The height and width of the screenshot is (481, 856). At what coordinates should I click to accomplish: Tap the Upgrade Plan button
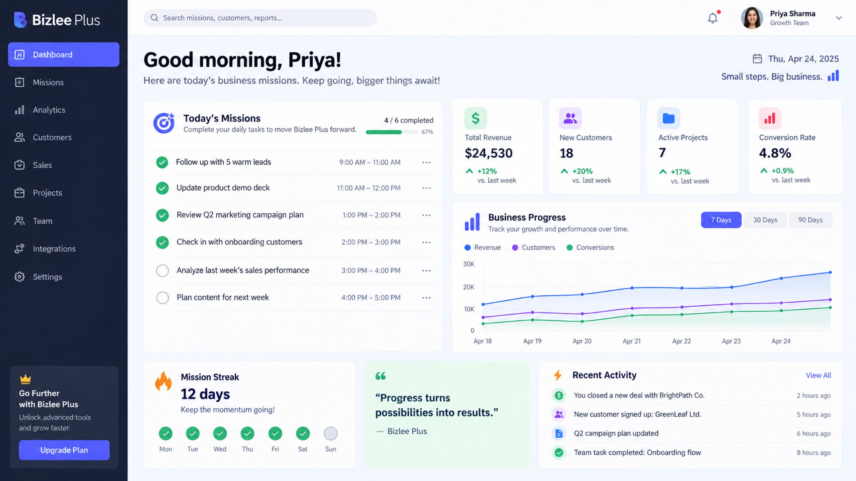[64, 450]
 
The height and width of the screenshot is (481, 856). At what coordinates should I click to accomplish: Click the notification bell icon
[713, 18]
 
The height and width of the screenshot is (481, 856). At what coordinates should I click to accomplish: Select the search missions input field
[260, 18]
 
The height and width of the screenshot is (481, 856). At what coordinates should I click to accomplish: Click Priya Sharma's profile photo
[752, 18]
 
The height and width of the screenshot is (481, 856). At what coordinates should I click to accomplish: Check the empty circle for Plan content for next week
[163, 298]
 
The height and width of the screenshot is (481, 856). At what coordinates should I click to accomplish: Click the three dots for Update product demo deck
[426, 188]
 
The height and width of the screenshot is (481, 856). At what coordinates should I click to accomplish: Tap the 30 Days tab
[765, 220]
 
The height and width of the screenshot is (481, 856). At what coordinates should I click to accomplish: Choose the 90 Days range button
[811, 220]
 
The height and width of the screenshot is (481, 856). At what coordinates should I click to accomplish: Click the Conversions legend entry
[591, 248]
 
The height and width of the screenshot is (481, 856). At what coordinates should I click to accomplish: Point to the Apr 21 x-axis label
[632, 341]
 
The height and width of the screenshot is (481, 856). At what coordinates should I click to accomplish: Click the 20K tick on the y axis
[468, 287]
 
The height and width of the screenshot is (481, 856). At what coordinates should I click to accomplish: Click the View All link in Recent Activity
[818, 375]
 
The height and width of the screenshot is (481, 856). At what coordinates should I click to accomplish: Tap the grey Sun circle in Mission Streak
[331, 434]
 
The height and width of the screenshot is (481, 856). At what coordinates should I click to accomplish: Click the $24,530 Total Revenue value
[489, 153]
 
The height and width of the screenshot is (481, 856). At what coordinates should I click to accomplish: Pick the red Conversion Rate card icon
[770, 118]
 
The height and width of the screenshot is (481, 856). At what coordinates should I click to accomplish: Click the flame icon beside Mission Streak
[164, 381]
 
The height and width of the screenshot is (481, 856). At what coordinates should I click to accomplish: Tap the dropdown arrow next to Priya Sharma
[839, 18]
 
